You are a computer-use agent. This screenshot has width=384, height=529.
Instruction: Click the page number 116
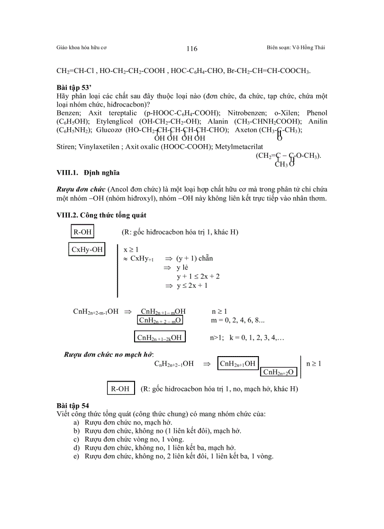[x=192, y=49]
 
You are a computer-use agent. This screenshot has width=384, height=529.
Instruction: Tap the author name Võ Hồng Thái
[x=309, y=48]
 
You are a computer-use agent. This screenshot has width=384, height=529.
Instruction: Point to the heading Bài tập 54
[x=72, y=405]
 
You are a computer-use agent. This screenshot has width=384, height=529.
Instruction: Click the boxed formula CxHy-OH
[x=87, y=250]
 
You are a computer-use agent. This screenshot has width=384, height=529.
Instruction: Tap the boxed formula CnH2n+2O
[x=278, y=372]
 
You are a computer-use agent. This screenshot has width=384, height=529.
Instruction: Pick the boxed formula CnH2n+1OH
[x=238, y=363]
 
